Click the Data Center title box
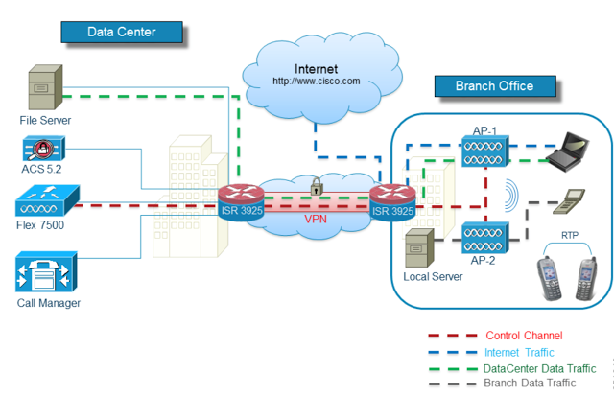[x=121, y=32]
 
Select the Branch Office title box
[x=496, y=86]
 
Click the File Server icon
[x=44, y=89]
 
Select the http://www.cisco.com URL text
[x=316, y=82]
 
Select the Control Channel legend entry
[x=523, y=336]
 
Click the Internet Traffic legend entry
[x=520, y=352]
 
